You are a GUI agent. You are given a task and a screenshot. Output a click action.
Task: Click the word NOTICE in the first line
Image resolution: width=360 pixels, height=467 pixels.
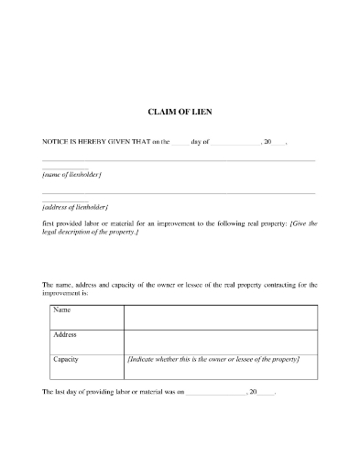57,143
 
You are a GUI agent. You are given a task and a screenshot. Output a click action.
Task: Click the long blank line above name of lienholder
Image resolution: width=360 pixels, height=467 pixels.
179,160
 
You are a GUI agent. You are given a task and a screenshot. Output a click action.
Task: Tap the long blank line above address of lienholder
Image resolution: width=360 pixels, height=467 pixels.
179,193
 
